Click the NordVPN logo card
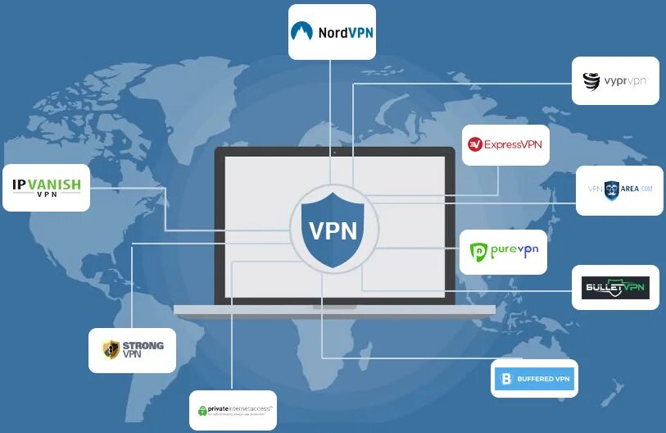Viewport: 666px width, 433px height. pos(332,32)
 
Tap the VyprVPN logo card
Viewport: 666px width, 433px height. pos(615,80)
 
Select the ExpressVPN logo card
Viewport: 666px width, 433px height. pos(505,144)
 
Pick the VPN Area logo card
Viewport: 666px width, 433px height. pos(619,190)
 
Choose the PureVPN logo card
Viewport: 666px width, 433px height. pos(503,252)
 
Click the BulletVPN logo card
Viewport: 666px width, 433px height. pos(615,287)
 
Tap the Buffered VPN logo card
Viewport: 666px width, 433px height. pos(534,379)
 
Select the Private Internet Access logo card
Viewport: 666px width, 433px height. pos(233,410)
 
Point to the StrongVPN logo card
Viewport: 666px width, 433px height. pos(133,350)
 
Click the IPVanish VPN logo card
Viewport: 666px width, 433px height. pos(47,188)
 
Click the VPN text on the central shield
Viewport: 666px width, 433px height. pos(333,230)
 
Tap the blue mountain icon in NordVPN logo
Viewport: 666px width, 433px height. pos(301,32)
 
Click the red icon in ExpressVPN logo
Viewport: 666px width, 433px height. pos(474,145)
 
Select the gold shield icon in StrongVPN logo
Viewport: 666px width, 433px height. pos(111,350)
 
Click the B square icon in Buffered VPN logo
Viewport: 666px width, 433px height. pos(505,379)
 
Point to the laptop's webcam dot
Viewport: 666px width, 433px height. pos(333,152)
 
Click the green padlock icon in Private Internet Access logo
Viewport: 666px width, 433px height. pos(202,410)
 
